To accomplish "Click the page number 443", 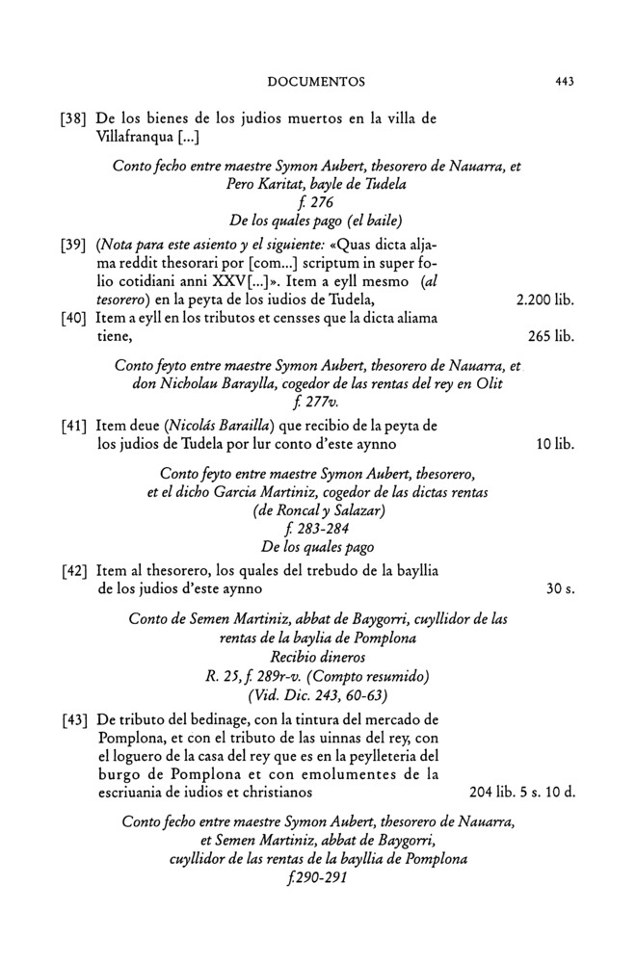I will coord(565,82).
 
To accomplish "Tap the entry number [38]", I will coord(74,119).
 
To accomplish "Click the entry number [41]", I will coord(74,427).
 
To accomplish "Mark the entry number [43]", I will coord(74,720).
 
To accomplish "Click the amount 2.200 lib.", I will coord(545,301).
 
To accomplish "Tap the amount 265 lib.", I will coord(551,337).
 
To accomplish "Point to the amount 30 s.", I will coord(560,587).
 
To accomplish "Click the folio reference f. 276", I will coord(317,201).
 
